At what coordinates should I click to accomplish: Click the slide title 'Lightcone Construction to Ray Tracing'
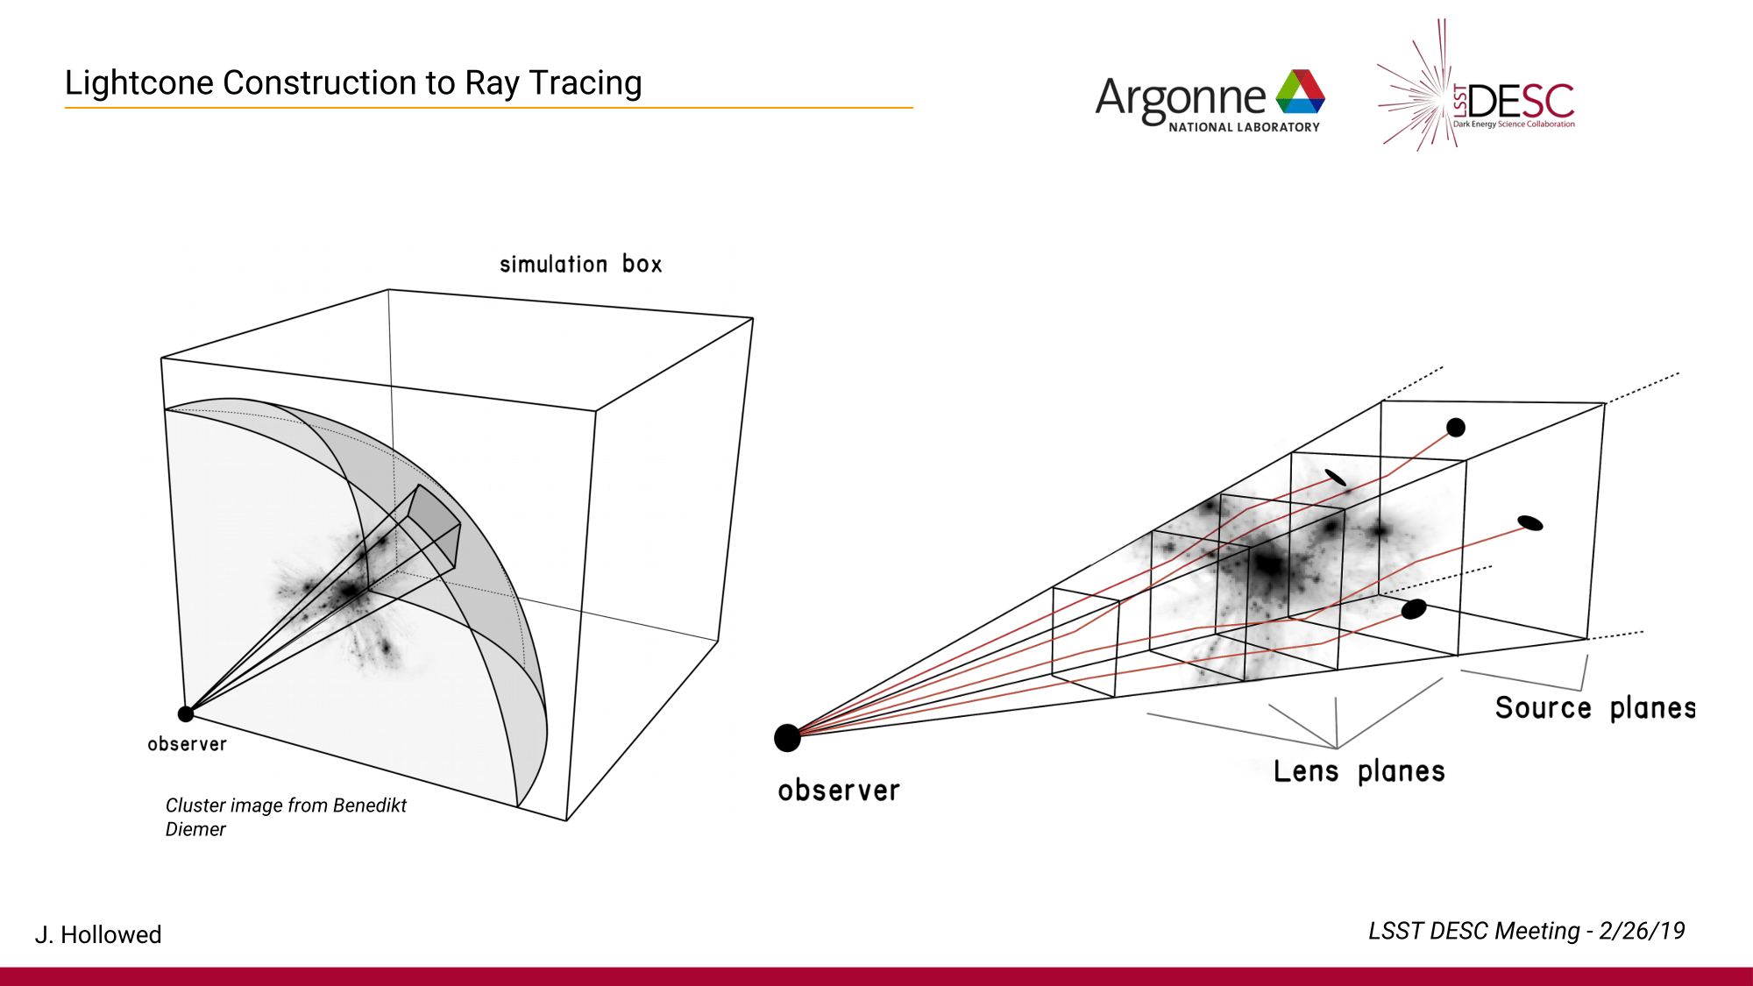(x=353, y=83)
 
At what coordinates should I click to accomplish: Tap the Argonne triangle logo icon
(x=1301, y=93)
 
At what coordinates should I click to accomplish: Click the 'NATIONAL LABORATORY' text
(x=1244, y=128)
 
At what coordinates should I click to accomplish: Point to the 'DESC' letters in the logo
(x=1521, y=103)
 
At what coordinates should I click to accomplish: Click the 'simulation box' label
(x=580, y=264)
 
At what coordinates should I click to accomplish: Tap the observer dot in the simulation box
(x=186, y=713)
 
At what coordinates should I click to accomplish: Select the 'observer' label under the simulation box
(x=187, y=744)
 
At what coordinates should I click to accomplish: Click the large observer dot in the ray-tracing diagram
(x=787, y=738)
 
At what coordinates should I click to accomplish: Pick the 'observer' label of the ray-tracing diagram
(x=839, y=791)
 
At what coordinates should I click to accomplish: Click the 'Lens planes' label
(x=1359, y=771)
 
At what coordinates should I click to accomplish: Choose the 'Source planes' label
(x=1595, y=707)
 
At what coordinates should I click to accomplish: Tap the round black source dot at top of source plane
(x=1456, y=428)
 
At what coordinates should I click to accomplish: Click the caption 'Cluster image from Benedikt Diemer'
(x=286, y=817)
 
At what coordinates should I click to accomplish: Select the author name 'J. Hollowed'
(x=98, y=934)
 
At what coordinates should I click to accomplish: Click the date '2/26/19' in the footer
(x=1642, y=931)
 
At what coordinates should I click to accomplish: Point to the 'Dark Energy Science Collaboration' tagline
(x=1514, y=124)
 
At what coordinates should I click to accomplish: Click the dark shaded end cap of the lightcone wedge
(x=436, y=523)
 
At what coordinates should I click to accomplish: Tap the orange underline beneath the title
(x=488, y=108)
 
